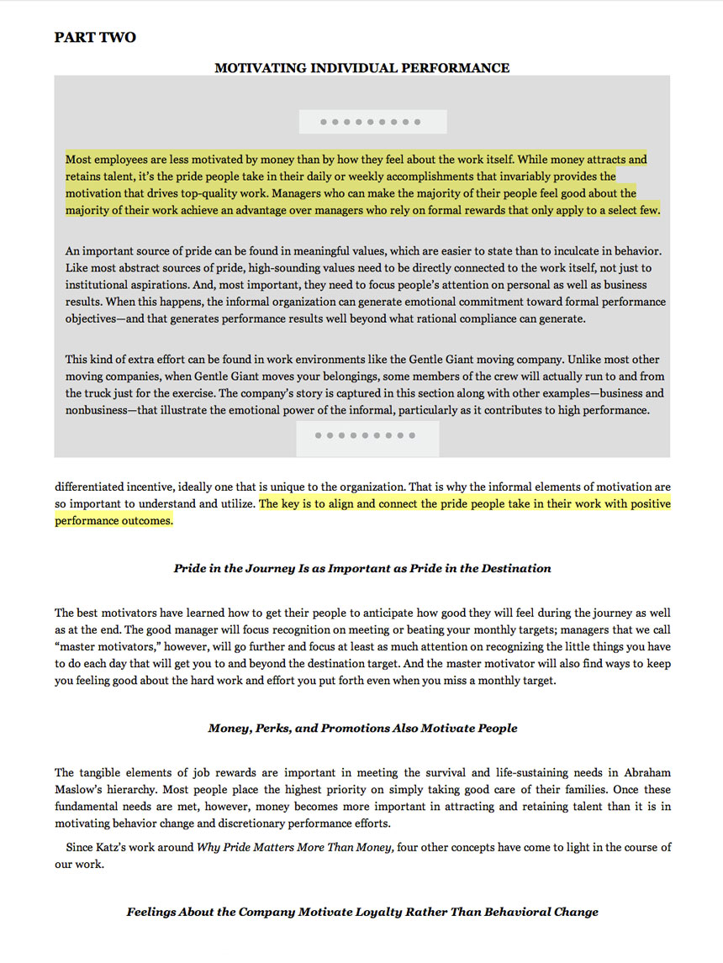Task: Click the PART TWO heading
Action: click(x=95, y=37)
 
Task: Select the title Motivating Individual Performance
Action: click(x=361, y=67)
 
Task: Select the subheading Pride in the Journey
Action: click(x=362, y=568)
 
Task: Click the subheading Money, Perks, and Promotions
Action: click(x=362, y=728)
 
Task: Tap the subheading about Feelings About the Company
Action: click(x=362, y=911)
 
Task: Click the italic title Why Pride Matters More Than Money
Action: click(x=296, y=847)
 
